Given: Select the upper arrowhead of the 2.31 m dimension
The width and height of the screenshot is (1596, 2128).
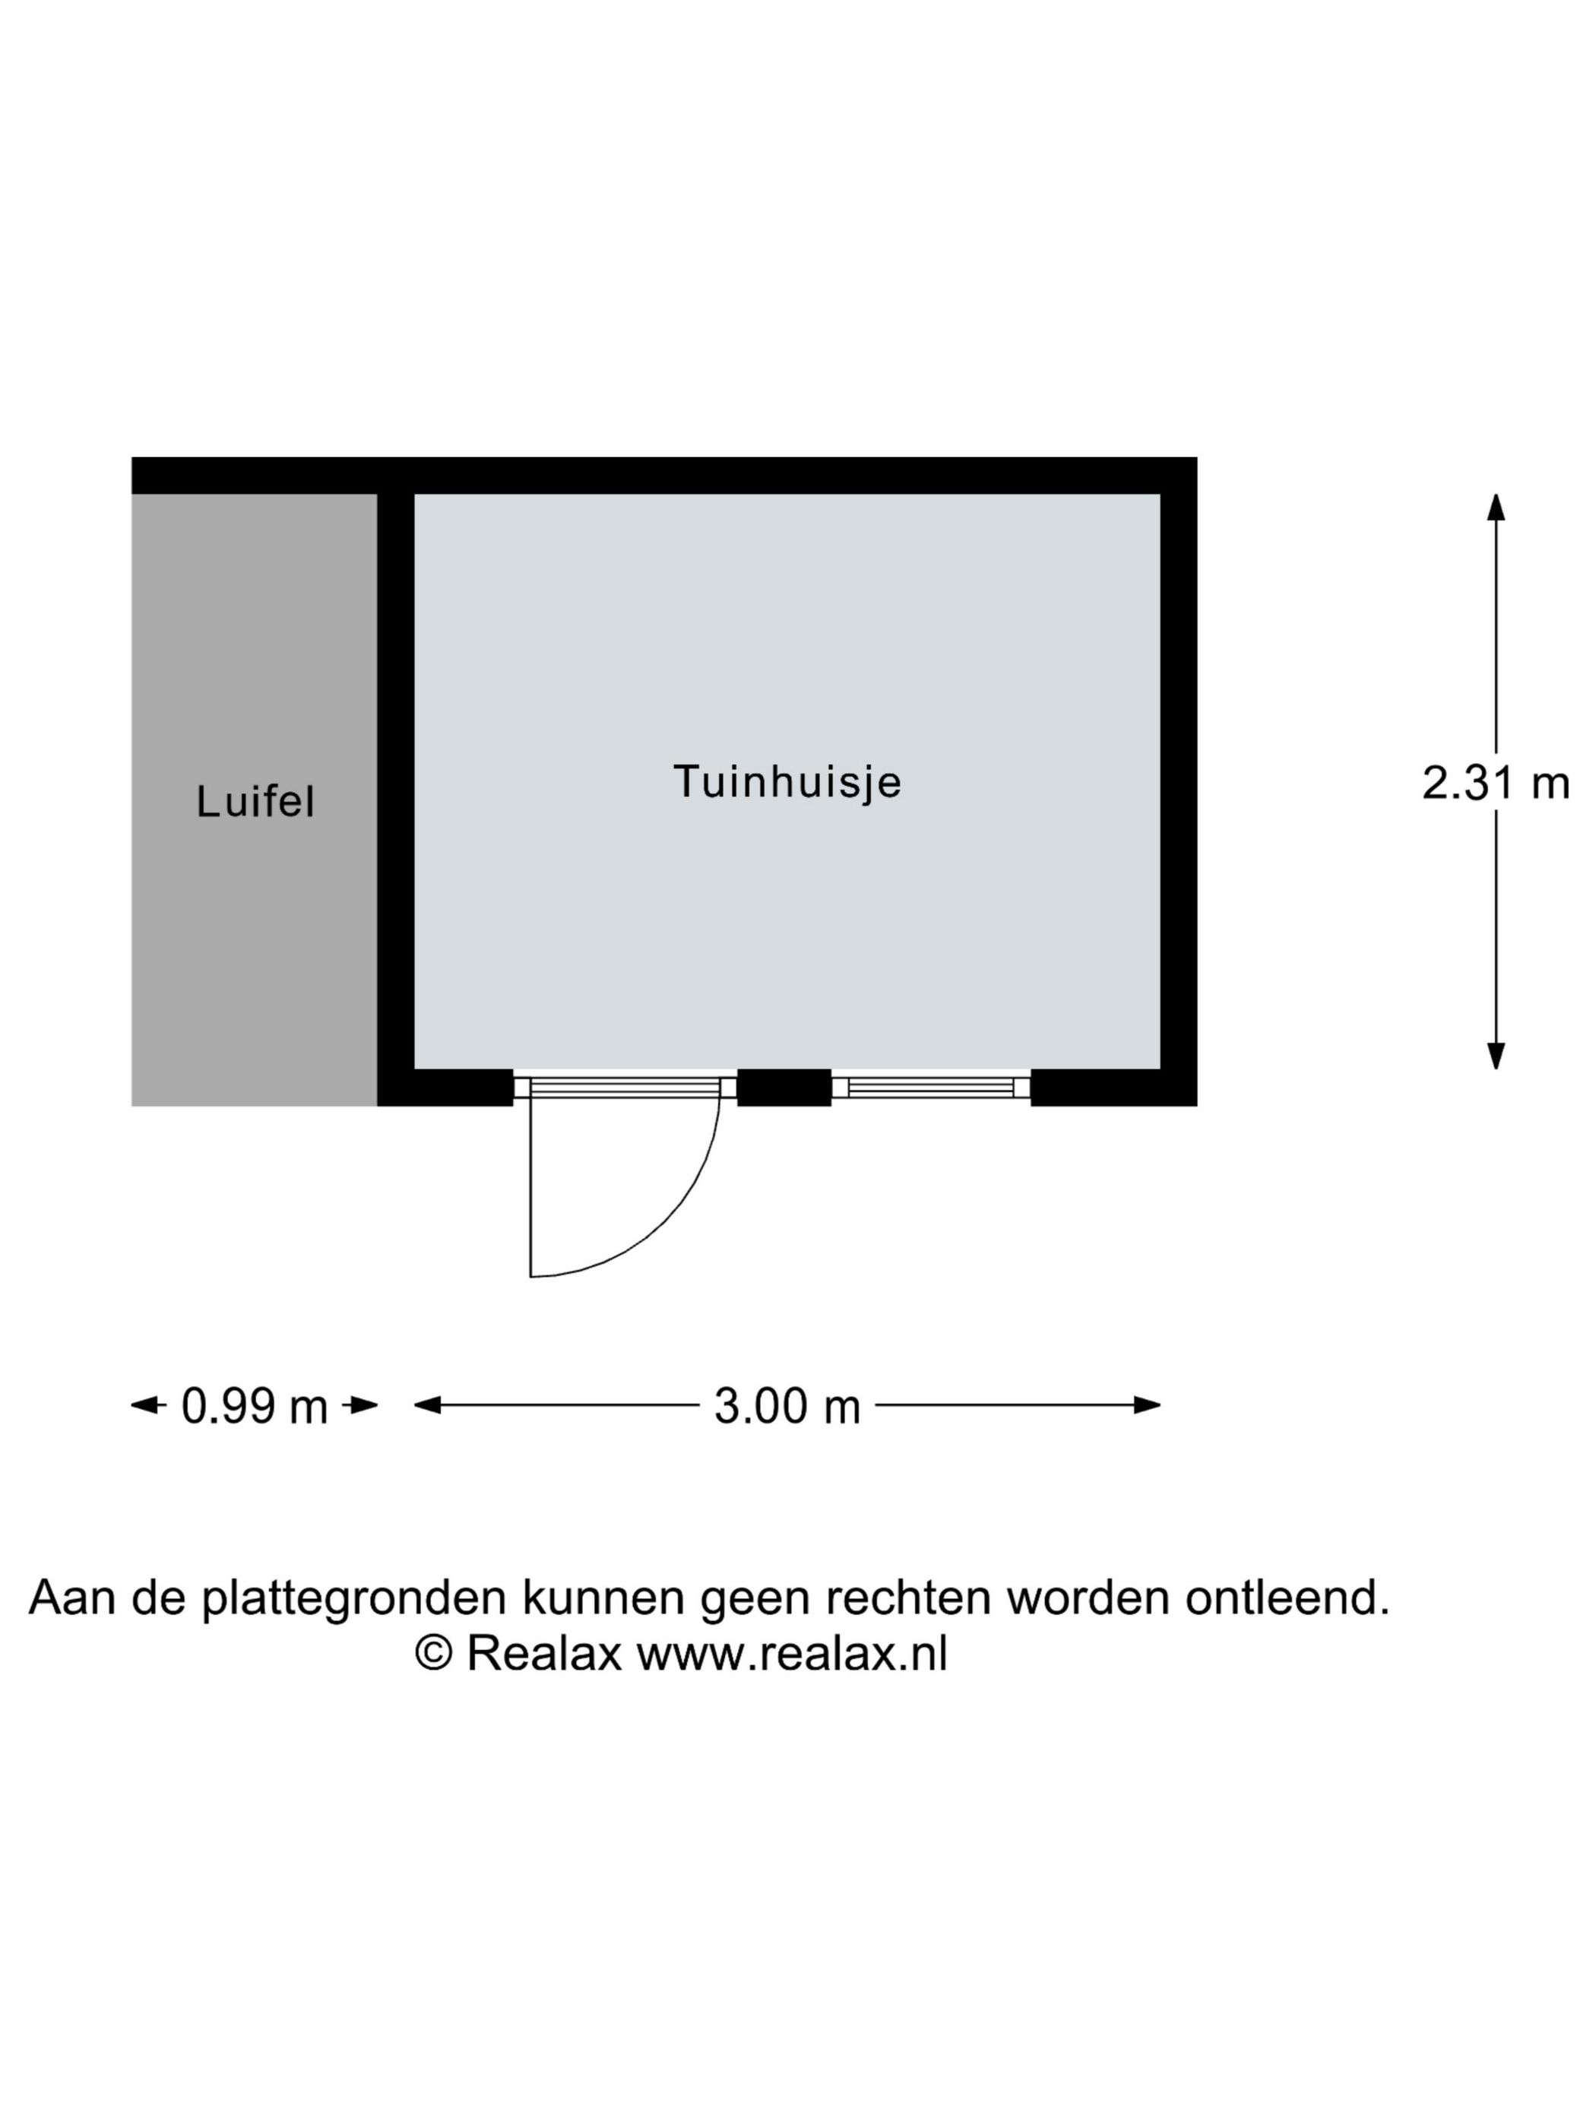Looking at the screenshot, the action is coord(1496,507).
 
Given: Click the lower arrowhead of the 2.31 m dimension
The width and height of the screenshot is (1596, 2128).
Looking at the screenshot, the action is coord(1496,1056).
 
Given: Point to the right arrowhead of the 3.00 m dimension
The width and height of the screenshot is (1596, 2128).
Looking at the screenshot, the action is coord(1147,1404).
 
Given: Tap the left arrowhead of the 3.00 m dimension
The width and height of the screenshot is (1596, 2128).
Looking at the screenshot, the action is coord(428,1404).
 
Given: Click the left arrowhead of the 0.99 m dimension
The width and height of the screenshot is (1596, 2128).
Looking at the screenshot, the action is coord(144,1404).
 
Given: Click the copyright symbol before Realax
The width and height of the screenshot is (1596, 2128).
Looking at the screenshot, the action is coord(434,1653).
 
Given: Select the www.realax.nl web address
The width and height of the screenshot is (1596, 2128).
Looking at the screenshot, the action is coord(792,1654).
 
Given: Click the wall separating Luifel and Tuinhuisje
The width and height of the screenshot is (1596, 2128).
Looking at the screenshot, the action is coord(395,799).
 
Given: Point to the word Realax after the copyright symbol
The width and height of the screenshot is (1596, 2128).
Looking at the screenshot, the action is coord(544,1654).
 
